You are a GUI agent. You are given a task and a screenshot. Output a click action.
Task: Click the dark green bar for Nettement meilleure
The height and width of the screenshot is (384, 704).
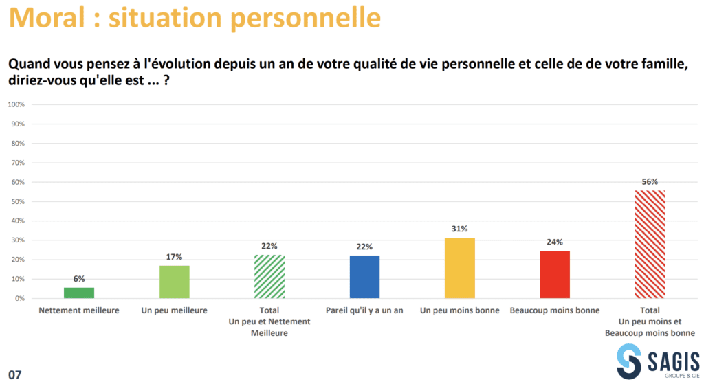tap(79, 293)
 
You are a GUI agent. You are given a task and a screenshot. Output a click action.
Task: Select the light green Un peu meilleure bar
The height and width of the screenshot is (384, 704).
tap(174, 282)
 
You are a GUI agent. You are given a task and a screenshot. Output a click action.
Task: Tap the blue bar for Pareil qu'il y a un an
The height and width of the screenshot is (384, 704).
tap(364, 277)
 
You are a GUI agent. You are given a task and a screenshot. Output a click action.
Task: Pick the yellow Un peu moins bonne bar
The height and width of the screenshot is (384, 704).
tap(460, 268)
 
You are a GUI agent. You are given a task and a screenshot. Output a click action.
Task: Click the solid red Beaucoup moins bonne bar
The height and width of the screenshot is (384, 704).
tap(555, 275)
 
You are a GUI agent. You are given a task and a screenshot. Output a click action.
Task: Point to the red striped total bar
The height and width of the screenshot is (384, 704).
tap(650, 244)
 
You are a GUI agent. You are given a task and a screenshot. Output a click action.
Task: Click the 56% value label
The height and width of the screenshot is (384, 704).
tap(650, 182)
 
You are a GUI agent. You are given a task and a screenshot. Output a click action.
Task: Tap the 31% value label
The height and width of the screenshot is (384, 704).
tap(460, 229)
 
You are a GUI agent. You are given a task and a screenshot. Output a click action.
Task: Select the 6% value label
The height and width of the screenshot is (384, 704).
tap(79, 279)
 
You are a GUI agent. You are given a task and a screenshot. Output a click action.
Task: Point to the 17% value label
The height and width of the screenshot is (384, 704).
tap(174, 257)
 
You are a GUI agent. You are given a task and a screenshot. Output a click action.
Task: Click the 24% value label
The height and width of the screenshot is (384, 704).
tap(555, 242)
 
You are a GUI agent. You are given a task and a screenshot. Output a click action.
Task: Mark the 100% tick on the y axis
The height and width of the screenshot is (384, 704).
tap(16, 104)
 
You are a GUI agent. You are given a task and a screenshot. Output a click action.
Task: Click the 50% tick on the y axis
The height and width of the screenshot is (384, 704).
tap(18, 202)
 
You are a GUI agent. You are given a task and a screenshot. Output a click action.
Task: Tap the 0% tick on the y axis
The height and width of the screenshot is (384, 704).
tap(20, 299)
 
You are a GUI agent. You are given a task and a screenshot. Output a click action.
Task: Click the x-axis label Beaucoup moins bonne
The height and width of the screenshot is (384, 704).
tap(555, 310)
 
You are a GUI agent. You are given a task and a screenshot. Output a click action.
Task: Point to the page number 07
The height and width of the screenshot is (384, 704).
tap(14, 374)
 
